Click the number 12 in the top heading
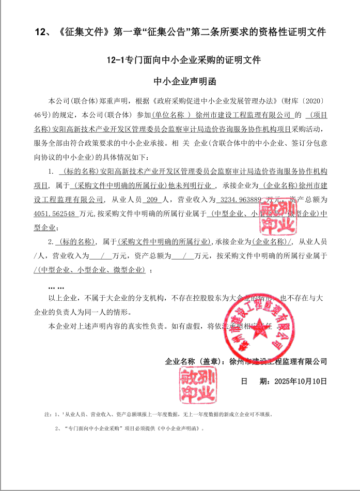[x=40, y=32]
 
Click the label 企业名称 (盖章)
[x=194, y=361]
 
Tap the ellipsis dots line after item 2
[x=56, y=287]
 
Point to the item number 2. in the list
[x=51, y=241]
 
